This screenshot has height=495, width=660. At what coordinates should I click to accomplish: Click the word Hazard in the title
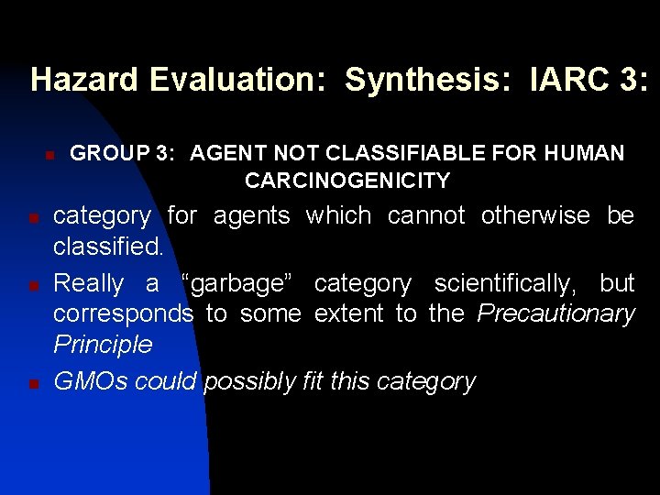pos(83,80)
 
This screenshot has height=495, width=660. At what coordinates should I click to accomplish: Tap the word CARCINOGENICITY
pos(347,181)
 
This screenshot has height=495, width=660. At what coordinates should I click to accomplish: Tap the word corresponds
pos(123,314)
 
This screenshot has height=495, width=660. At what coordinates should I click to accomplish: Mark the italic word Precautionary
pos(556,314)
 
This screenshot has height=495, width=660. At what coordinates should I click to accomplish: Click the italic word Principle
pos(103,345)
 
